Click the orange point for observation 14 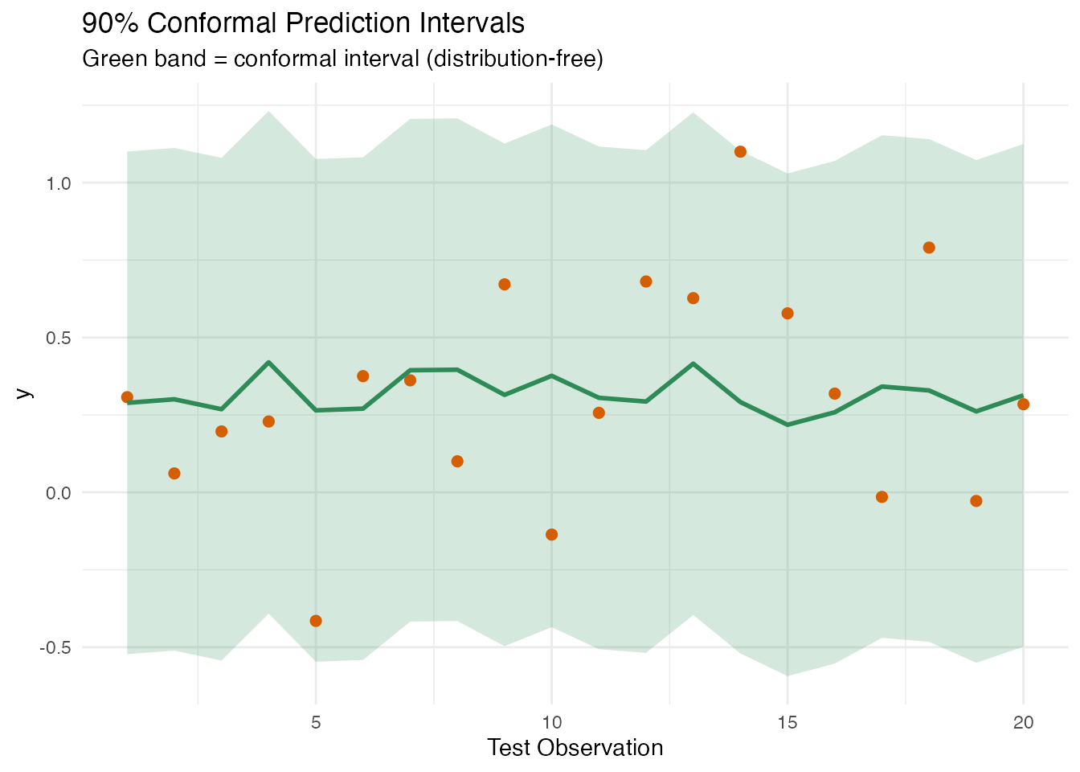(x=740, y=152)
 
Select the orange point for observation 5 (x=316, y=621)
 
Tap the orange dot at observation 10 (x=551, y=535)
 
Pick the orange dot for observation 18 (x=929, y=248)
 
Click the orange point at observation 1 (x=127, y=397)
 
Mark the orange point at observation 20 (x=1023, y=404)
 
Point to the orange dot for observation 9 (x=505, y=285)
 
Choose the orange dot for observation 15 (x=787, y=314)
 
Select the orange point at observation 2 (x=174, y=474)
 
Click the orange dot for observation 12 (x=646, y=281)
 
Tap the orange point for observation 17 (x=882, y=497)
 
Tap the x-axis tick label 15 (x=787, y=722)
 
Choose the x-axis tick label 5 (x=316, y=722)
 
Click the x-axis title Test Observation (x=575, y=748)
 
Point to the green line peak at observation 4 (x=268, y=362)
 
